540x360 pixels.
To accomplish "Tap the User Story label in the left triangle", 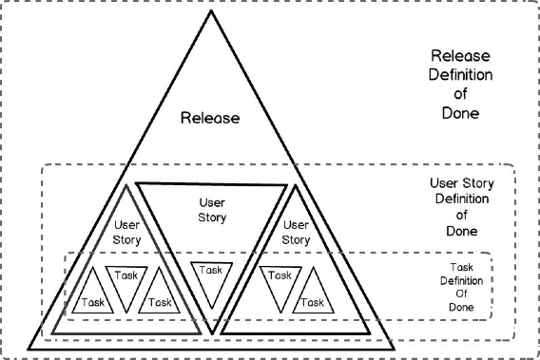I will point(128,232).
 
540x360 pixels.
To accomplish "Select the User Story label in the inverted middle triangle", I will point(211,210).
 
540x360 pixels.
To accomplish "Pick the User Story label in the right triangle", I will point(297,232).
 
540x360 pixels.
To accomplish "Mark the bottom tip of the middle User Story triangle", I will point(214,332).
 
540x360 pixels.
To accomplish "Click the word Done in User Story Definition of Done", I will point(461,231).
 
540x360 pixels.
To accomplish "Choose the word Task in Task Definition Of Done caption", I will point(460,268).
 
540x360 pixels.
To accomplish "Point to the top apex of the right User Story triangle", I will point(297,186).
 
